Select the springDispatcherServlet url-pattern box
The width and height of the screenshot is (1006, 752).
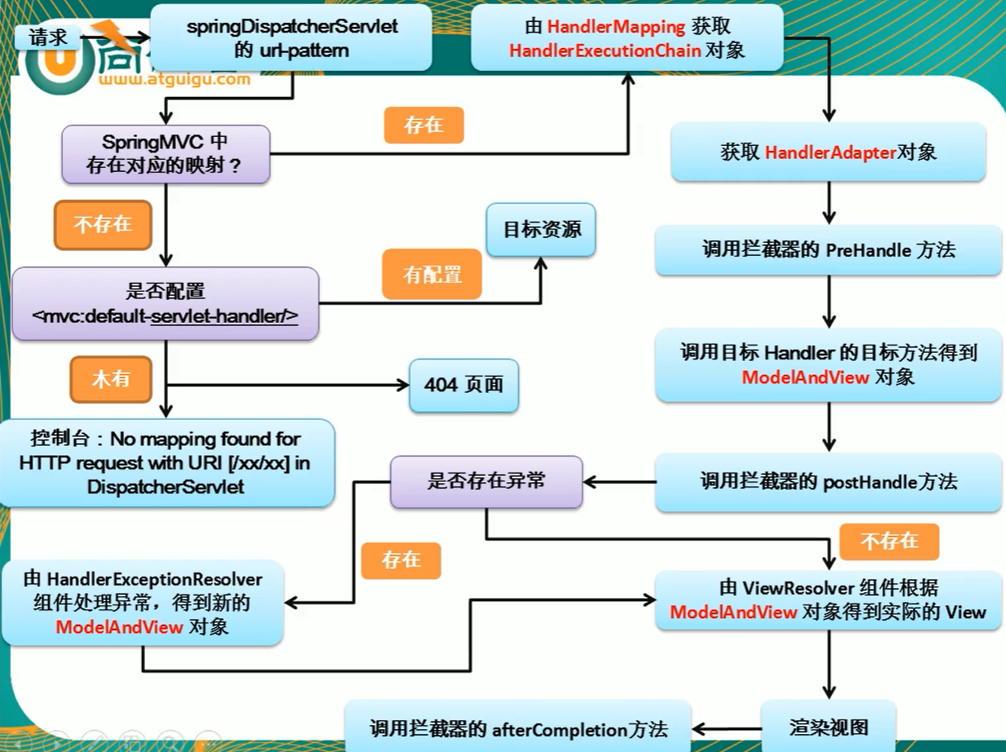tap(292, 37)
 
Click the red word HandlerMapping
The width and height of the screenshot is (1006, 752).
tap(604, 27)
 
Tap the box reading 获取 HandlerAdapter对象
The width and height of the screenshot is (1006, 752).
tap(828, 152)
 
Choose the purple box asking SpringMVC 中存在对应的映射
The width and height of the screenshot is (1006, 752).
tap(165, 154)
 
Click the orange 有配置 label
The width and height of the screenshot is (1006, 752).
tap(432, 275)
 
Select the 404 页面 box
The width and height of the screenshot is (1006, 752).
tap(463, 384)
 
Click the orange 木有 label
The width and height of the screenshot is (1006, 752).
tap(111, 378)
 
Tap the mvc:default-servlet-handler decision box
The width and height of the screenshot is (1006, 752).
tap(165, 302)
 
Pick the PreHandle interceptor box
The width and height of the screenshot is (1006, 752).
tap(828, 250)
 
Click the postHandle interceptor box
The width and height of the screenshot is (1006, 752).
tap(828, 482)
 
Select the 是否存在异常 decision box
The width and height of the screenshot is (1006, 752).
tap(486, 481)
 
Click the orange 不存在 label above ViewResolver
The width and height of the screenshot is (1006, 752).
tap(889, 541)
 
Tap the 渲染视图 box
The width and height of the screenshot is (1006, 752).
tap(828, 727)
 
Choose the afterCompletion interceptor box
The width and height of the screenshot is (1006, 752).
tap(518, 728)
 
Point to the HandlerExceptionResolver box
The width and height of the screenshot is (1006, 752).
tap(143, 603)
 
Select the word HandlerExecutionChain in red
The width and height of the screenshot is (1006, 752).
tap(604, 51)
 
